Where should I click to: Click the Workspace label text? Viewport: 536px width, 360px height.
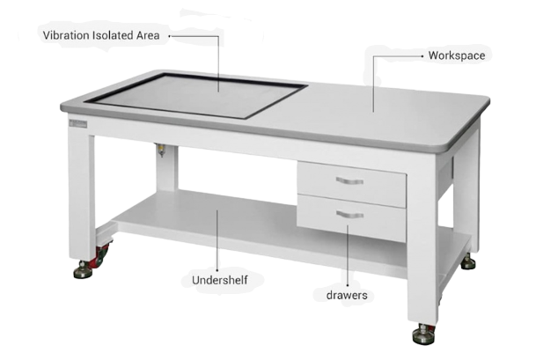[457, 55]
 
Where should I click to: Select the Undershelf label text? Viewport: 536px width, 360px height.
[220, 280]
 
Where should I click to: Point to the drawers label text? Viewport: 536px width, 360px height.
[347, 295]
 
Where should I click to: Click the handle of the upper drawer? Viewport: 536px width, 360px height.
[349, 180]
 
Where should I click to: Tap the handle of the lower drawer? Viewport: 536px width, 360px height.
[349, 215]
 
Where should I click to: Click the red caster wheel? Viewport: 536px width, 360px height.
[101, 255]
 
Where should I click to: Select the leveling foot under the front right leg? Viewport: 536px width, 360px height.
[423, 334]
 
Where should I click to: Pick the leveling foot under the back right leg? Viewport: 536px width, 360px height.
[468, 262]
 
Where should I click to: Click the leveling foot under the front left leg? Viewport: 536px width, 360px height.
[83, 270]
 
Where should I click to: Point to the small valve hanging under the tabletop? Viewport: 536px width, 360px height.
[161, 150]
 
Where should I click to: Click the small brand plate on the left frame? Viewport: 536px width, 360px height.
[78, 124]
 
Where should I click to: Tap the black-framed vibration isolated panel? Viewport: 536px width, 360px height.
[195, 95]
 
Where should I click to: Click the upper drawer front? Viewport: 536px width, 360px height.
[352, 185]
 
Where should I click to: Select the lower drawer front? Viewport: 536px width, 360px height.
[351, 218]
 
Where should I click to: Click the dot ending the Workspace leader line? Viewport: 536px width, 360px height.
[422, 56]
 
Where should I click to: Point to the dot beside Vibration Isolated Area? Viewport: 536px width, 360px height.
[169, 35]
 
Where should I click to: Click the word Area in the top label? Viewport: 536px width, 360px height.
[148, 35]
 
